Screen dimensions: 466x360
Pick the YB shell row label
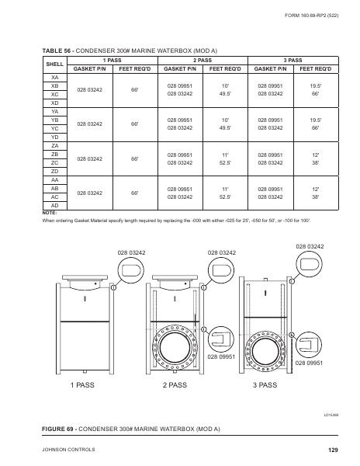click(x=54, y=120)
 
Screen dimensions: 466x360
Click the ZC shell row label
click(x=54, y=163)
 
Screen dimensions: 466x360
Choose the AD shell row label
click(x=54, y=206)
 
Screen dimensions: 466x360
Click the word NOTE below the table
click(x=49, y=212)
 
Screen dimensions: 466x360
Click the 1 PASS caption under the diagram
click(x=82, y=385)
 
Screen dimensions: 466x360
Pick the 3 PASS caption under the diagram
click(x=265, y=385)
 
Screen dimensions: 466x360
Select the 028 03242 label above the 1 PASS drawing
click(x=131, y=252)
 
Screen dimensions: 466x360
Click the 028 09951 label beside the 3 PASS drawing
click(x=308, y=362)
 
